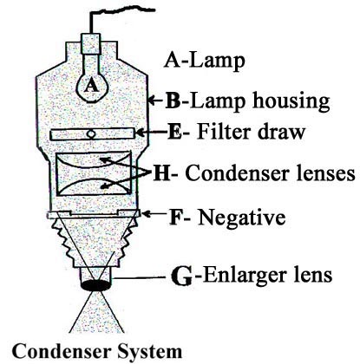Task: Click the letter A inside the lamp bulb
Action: tap(91, 86)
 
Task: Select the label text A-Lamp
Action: tap(205, 62)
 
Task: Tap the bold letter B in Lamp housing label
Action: tap(173, 101)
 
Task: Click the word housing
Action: tap(291, 102)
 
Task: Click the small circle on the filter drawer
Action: tap(91, 134)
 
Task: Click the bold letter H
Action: tap(161, 173)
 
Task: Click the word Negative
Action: tap(242, 217)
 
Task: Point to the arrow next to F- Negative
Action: tap(154, 214)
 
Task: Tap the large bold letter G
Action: tap(181, 276)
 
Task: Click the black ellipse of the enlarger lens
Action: tap(95, 285)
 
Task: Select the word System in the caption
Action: tap(150, 351)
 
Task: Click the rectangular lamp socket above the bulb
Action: tap(91, 44)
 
